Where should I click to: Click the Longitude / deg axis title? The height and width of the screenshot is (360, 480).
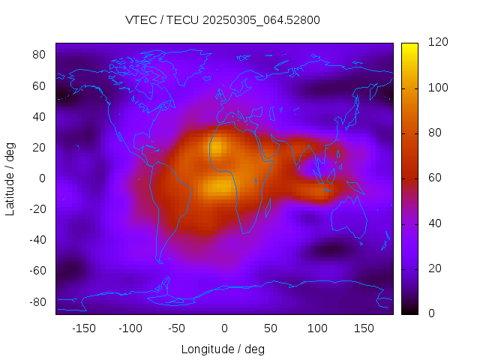pos(223,349)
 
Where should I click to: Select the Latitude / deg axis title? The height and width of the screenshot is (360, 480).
pos(10,178)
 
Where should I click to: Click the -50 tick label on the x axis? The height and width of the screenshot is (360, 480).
pos(177,328)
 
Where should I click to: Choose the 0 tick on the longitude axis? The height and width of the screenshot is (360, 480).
pos(223,328)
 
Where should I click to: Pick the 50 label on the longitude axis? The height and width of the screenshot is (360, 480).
pos(270,328)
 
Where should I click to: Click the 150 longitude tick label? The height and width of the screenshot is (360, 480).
pos(364,328)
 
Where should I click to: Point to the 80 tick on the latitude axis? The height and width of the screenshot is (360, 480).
pos(40,55)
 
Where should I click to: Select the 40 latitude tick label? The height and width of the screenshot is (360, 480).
pos(40,116)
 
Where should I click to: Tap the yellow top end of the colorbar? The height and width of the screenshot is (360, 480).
pos(409,46)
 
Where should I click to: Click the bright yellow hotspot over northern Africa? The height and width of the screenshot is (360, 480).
pos(216,148)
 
